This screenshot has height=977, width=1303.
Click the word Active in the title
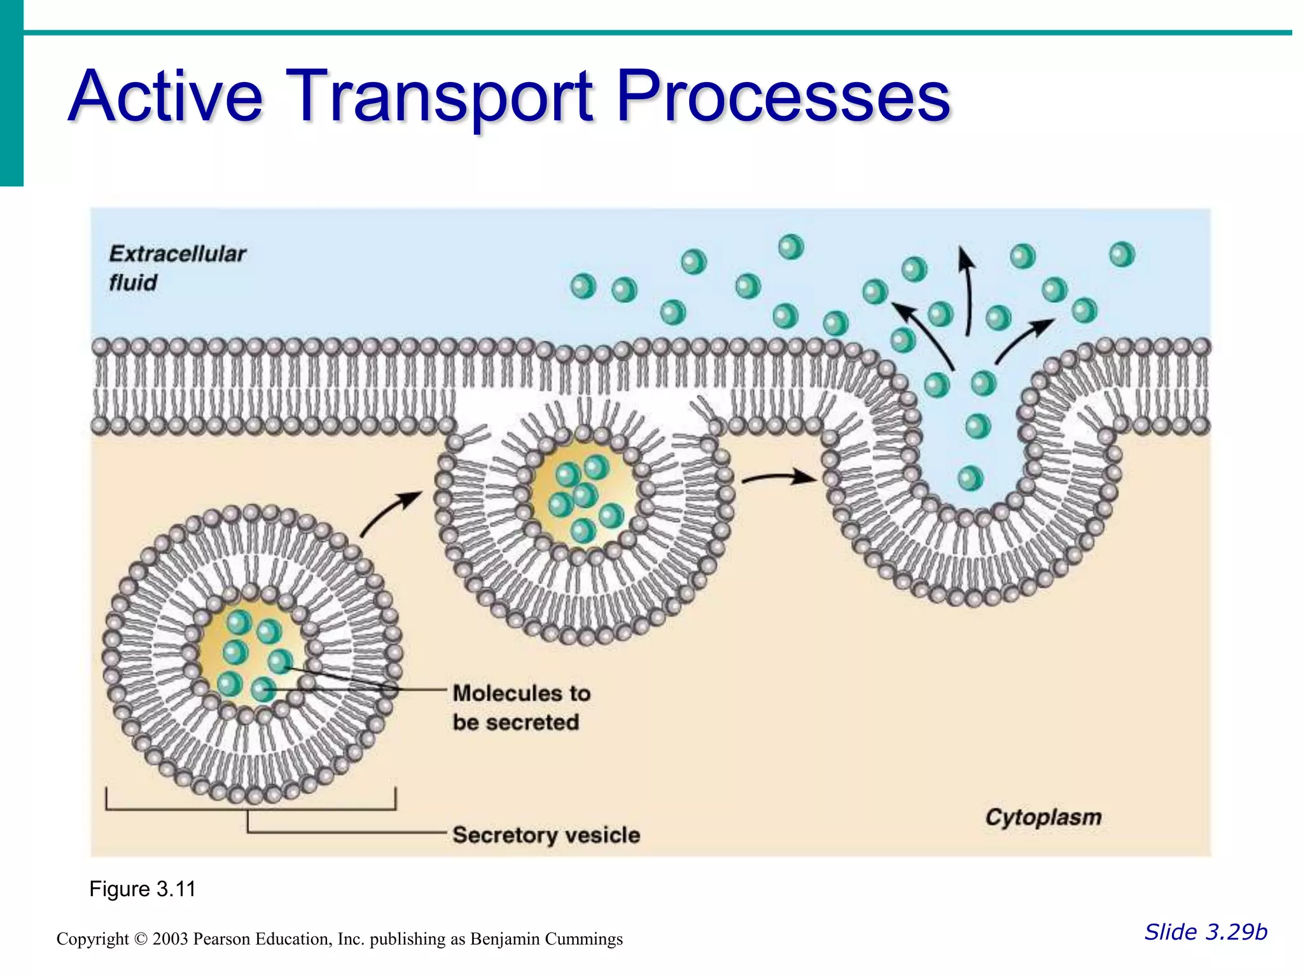coord(165,97)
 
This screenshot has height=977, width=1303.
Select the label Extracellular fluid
coord(177,268)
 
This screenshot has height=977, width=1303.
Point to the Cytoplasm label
coord(1043,817)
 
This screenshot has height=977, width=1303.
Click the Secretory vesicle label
coord(546,835)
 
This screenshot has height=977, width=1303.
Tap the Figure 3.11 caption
coord(143,889)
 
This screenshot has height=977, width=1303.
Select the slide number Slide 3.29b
coord(1206,932)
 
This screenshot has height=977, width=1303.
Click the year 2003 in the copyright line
coord(170,939)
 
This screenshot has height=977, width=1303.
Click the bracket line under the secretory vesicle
coord(251,809)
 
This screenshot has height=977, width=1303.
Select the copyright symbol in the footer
coord(141,939)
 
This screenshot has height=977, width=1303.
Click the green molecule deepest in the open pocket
coord(970,478)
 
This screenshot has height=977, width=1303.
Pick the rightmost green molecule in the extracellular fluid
coord(1122,254)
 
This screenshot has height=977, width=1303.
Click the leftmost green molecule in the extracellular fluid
coord(583,286)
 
